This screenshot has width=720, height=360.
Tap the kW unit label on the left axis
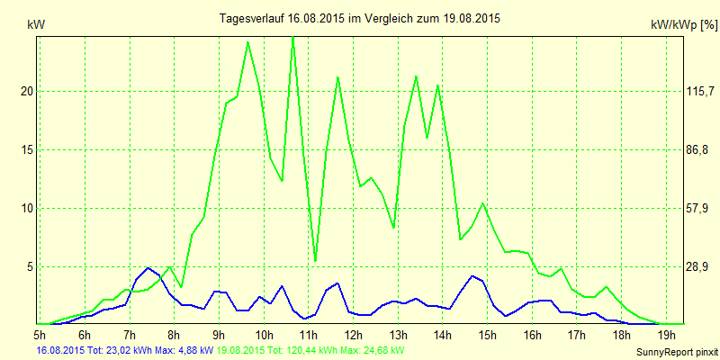tap(36, 26)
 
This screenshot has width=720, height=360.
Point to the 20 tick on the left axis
tap(25, 91)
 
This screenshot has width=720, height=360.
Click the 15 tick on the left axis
tap(25, 149)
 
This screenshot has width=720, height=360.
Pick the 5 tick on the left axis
tap(29, 266)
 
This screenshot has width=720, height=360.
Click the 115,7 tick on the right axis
tap(675, 91)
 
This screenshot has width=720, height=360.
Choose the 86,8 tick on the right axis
tap(675, 149)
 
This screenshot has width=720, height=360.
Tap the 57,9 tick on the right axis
tap(675, 208)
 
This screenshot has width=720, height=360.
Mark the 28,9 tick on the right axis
tap(675, 266)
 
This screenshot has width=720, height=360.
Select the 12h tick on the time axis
tap(353, 335)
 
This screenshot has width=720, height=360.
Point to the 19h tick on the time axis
tap(665, 335)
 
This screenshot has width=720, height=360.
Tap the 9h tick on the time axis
tap(219, 335)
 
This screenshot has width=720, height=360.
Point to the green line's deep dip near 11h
tap(315, 260)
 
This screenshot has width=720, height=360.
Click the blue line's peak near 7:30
tap(148, 267)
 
